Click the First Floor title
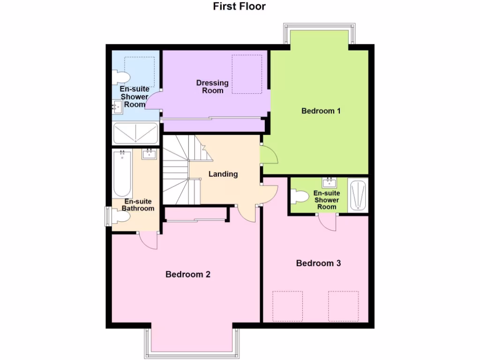coord(239,7)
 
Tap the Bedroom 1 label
coord(321,111)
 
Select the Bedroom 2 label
coord(187,274)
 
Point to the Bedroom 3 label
coord(318,263)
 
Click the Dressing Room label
coord(212,86)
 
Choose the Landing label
coord(223,174)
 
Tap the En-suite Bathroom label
coord(138,205)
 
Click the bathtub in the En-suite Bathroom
coord(122,174)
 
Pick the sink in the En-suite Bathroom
coord(149,154)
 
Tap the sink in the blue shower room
coord(117,107)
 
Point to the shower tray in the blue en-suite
coord(136,133)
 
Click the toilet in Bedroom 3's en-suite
coord(298,196)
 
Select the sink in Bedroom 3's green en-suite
coord(330,182)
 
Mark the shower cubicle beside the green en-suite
coord(359,195)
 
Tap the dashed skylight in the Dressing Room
coord(247,74)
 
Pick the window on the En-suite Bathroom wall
coord(107,216)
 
